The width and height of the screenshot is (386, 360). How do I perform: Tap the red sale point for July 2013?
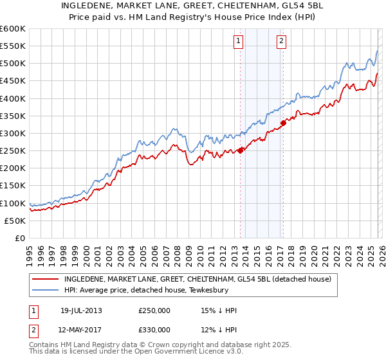click(x=241, y=150)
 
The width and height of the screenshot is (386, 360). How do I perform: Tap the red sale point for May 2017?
click(x=283, y=123)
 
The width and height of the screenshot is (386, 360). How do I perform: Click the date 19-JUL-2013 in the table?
click(x=81, y=310)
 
